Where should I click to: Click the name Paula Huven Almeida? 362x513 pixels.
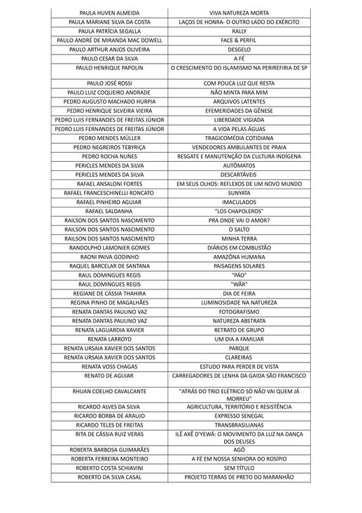[110, 13]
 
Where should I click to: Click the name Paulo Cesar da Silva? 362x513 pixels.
[110, 59]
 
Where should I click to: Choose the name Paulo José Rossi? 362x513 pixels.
[110, 83]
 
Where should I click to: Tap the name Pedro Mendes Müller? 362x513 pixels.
[110, 138]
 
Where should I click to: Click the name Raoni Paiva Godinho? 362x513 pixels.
[110, 256]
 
